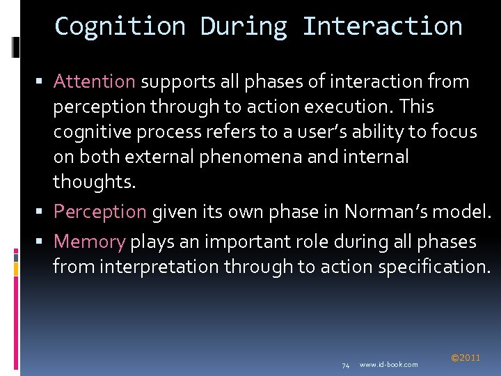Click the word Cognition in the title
[x=120, y=26]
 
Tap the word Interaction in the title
[x=382, y=26]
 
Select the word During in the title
[x=244, y=26]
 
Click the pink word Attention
[x=94, y=81]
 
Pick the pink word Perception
[x=100, y=211]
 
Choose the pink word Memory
[x=89, y=242]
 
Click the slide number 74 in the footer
[x=345, y=365]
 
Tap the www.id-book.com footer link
[x=389, y=365]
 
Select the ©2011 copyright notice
[x=466, y=358]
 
